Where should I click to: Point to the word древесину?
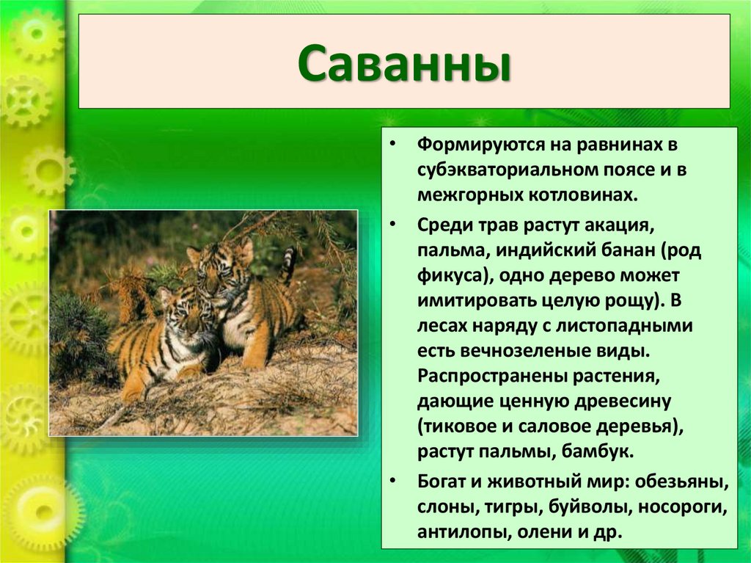click(x=623, y=402)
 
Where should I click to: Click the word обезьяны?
click(x=682, y=481)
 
